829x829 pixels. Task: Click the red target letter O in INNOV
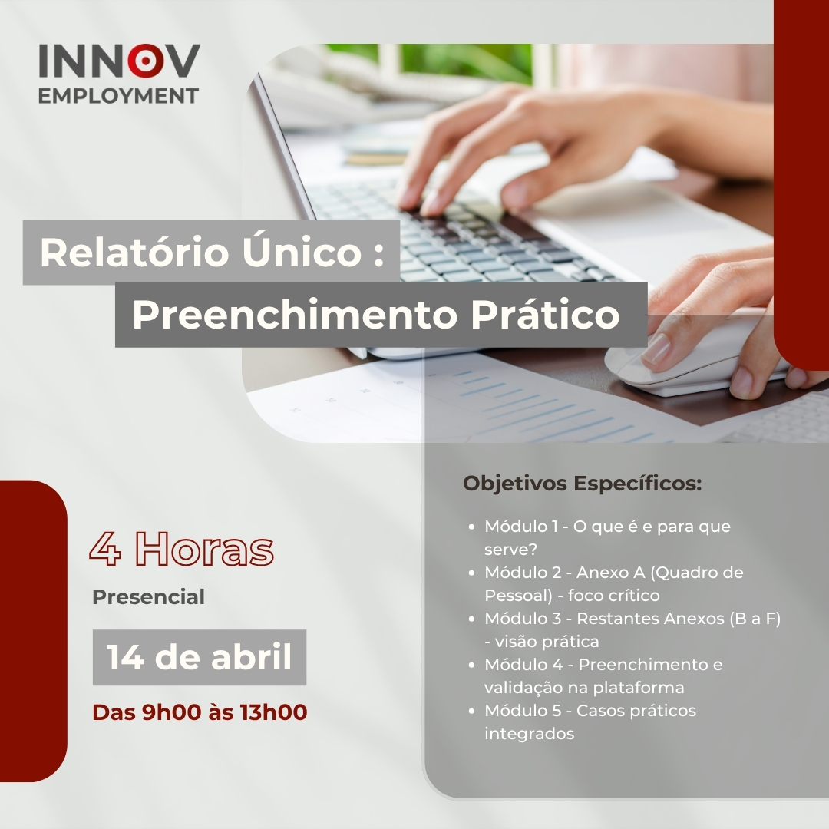145,61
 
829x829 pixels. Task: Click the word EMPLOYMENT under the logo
118,96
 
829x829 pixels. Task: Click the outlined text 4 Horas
181,549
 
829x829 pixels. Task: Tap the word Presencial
149,597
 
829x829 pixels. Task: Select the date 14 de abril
200,656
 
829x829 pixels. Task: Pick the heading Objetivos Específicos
582,484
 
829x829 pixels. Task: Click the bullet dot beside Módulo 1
471,527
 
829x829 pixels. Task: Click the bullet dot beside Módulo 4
471,665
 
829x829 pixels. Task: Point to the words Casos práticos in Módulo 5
636,711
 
